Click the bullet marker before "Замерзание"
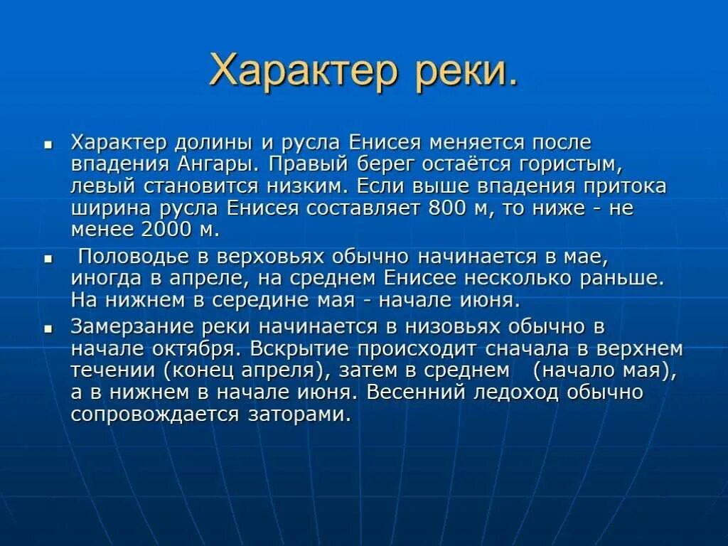tap(48, 330)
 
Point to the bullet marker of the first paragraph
tap(48, 144)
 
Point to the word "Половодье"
tap(133, 256)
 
